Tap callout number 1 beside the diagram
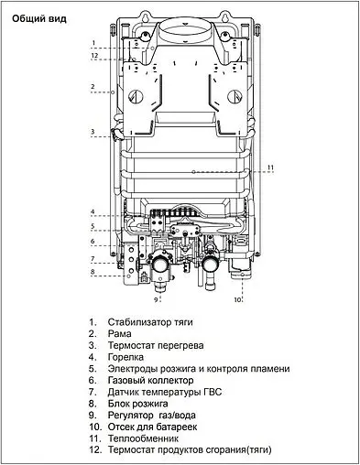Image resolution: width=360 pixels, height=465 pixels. (93, 43)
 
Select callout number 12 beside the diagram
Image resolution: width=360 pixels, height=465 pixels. (93, 57)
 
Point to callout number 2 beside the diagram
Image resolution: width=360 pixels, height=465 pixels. (93, 88)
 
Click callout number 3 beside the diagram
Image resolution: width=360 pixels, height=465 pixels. (93, 132)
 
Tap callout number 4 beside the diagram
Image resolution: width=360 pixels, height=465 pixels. (93, 212)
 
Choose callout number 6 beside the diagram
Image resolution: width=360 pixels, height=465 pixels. (93, 242)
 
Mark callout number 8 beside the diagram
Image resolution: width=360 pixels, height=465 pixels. (93, 272)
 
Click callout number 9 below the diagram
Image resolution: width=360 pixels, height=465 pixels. (156, 299)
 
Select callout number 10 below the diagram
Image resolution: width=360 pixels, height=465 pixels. (237, 299)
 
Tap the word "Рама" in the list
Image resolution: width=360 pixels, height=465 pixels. (121, 334)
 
